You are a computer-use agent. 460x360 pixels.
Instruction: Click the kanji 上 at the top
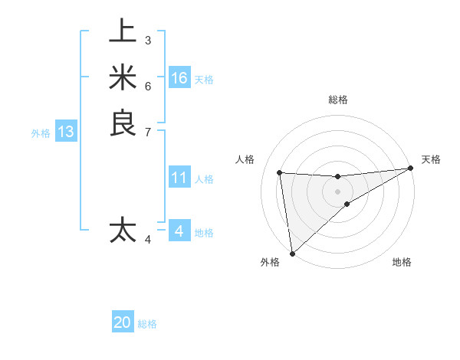pos(123,31)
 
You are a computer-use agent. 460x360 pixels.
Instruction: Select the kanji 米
pos(123,77)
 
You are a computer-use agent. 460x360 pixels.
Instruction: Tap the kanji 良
pos(123,123)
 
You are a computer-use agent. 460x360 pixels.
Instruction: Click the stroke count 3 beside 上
pos(147,40)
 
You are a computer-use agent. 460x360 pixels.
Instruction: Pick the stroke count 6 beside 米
pos(147,86)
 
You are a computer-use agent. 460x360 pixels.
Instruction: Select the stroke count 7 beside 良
pos(147,132)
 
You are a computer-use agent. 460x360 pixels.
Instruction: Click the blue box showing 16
pos(179,78)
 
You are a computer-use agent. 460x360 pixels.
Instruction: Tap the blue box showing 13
pos(66,132)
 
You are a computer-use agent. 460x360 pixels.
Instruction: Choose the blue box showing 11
pos(179,178)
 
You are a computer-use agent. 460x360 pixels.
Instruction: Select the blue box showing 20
pos(123,322)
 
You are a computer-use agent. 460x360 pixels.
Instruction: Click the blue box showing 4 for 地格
pos(179,231)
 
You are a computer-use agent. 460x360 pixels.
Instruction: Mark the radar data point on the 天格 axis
pos(411,169)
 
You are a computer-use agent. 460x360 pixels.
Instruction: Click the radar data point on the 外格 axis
pos(292,253)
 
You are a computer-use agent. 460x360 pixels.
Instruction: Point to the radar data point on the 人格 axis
pos(280,172)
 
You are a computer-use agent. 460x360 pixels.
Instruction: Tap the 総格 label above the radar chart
pos(337,100)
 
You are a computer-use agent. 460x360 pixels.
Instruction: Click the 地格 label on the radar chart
pos(402,263)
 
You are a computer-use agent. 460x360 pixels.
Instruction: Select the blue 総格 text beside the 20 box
pos(148,324)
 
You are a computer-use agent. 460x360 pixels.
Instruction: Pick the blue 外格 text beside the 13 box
pos(41,133)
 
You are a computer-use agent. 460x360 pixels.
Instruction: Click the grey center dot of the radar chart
pos(337,191)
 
